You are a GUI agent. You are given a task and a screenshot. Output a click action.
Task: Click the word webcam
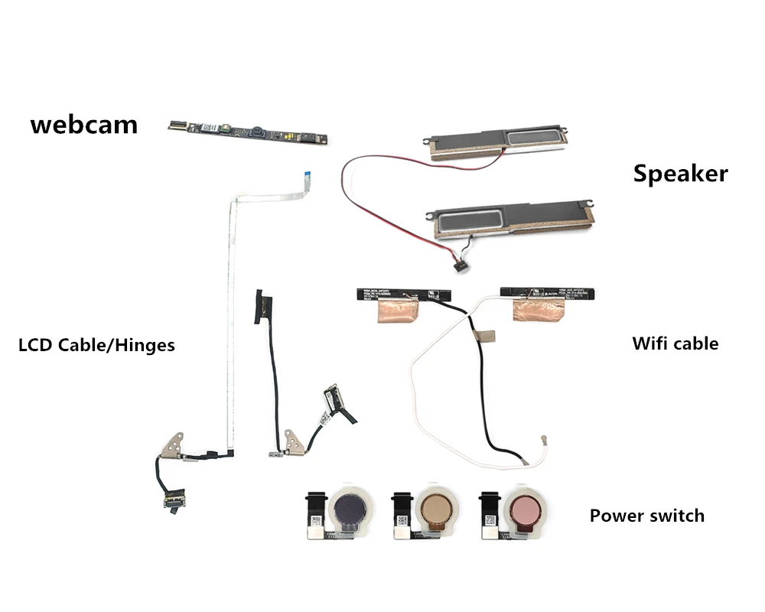pyautogui.click(x=84, y=124)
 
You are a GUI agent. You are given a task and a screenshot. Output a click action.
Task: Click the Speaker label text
pyautogui.click(x=680, y=174)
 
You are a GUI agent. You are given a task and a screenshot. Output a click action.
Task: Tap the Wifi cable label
pyautogui.click(x=675, y=343)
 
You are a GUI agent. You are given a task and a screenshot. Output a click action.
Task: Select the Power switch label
pyautogui.click(x=646, y=515)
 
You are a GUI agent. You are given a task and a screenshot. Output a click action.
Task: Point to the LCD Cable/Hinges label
pyautogui.click(x=96, y=345)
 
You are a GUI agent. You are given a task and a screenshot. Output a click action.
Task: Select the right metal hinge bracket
pyautogui.click(x=292, y=441)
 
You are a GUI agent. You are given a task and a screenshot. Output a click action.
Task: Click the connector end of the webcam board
pyautogui.click(x=177, y=123)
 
